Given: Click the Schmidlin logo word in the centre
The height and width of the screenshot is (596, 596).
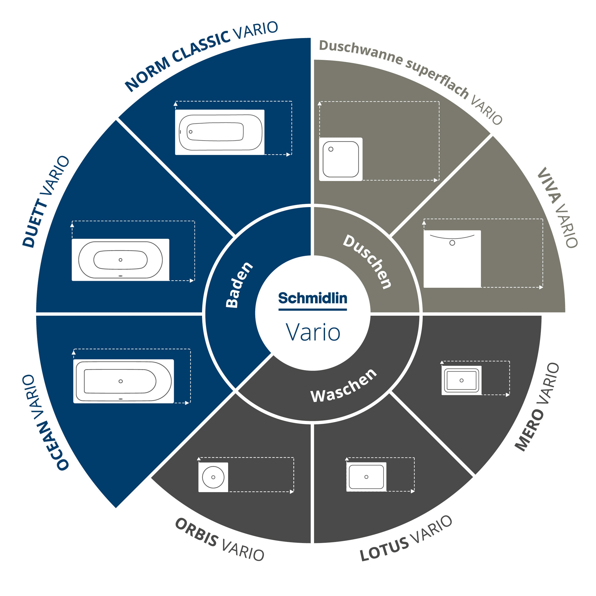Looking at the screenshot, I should coord(313,298).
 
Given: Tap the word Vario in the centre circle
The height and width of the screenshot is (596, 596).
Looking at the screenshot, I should coord(313,332).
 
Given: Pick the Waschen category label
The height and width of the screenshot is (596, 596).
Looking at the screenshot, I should coord(344,386).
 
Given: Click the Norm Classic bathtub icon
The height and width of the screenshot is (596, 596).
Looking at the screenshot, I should coord(220,132).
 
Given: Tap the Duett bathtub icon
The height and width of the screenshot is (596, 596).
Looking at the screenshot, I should coord(120,260).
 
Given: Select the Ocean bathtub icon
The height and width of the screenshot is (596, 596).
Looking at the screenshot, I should coord(124,381).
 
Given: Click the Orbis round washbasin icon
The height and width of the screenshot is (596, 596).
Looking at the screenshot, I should coord(213,477).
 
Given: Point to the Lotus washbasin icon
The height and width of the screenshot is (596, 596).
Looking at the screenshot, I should coord(366,477).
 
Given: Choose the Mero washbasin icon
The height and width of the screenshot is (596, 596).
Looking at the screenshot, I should coord(462,380).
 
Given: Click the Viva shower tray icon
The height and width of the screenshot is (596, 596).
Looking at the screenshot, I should coord(452,259).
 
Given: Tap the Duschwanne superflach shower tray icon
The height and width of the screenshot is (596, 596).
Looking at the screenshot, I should coord(340,159).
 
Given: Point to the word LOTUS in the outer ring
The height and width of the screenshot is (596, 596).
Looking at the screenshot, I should coord(384,549).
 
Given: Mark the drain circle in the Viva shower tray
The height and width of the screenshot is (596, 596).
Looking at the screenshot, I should coord(452,243).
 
